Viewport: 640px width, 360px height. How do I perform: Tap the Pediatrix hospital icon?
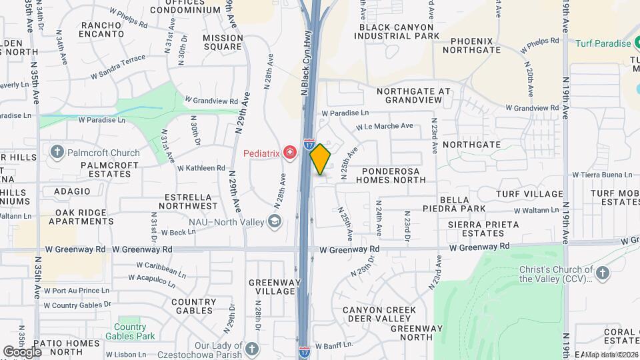tap(290, 153)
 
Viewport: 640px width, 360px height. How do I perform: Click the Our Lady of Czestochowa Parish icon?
tap(251, 348)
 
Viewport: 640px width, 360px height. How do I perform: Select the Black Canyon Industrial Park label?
tap(399, 31)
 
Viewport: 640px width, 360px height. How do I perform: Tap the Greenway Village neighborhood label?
tap(272, 287)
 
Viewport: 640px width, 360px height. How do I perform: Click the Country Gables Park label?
tap(129, 331)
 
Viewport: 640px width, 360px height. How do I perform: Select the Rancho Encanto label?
tap(102, 29)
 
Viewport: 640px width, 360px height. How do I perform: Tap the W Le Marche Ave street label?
tap(384, 126)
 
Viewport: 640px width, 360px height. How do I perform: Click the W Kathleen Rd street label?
tap(201, 168)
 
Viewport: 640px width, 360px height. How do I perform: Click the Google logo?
tap(23, 351)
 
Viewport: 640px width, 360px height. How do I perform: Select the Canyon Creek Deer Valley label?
tap(379, 315)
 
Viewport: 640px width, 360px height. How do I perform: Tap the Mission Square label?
tap(223, 42)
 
